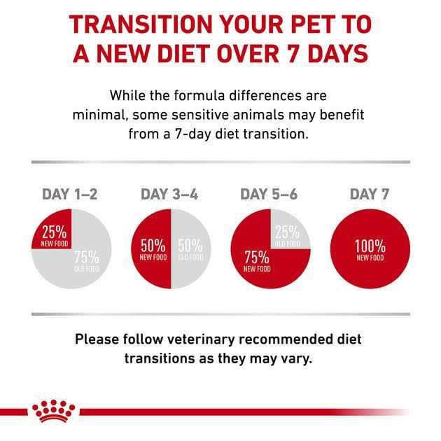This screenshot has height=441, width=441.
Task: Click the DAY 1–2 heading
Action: pos(70,194)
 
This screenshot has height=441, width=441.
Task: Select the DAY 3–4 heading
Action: pos(169,194)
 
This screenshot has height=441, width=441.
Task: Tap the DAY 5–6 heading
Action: pos(269,194)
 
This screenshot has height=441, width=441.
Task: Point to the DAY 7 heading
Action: pos(370,194)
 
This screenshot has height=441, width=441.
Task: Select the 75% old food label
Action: pos(87,260)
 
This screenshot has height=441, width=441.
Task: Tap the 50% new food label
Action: pos(153,249)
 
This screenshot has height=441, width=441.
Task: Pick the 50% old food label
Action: pos(190,249)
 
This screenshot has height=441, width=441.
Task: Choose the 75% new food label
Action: pos(257,260)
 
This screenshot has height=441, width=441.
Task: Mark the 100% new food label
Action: pos(370,250)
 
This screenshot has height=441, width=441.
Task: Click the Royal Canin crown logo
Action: pos(50,411)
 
